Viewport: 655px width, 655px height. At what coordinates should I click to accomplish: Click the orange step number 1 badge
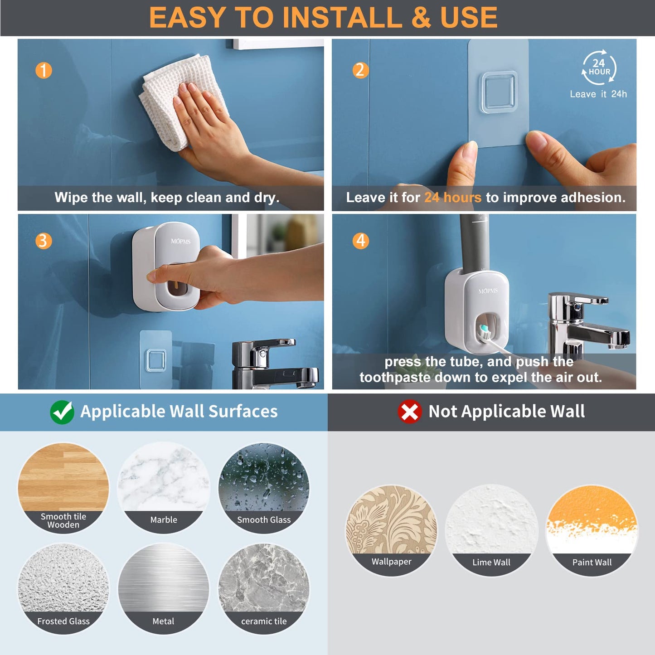(x=44, y=70)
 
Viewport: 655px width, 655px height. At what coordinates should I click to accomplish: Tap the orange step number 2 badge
(x=360, y=70)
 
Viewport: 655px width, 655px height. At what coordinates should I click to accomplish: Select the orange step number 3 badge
(x=44, y=241)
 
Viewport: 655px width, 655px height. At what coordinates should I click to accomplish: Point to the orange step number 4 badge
(x=361, y=241)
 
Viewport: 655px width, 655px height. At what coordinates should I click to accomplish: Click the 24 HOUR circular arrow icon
(x=599, y=68)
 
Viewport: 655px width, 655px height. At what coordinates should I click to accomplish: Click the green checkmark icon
(x=62, y=412)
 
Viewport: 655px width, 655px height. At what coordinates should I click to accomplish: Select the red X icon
(x=409, y=412)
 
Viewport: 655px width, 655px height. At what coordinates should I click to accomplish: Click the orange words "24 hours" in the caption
(x=452, y=198)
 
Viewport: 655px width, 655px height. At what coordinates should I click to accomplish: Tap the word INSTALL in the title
(x=342, y=18)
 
